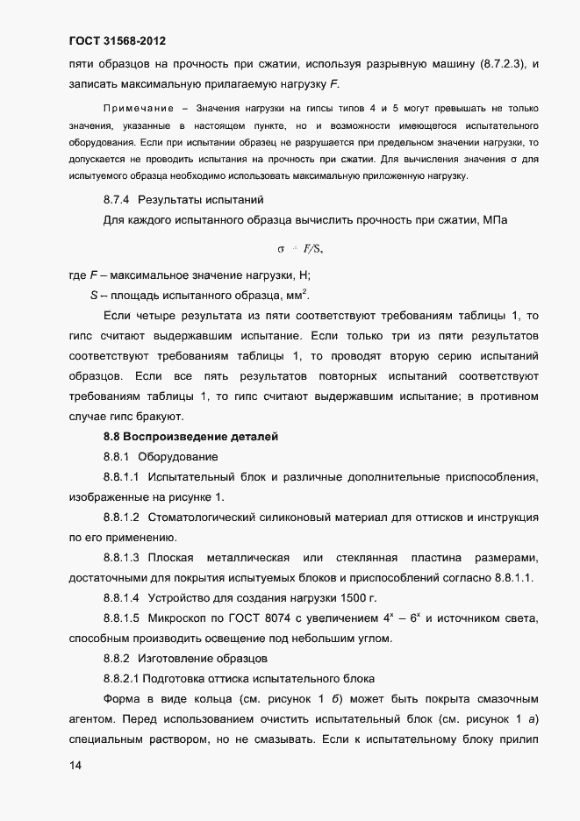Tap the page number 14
coord(75,766)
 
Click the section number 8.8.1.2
coord(122,518)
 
